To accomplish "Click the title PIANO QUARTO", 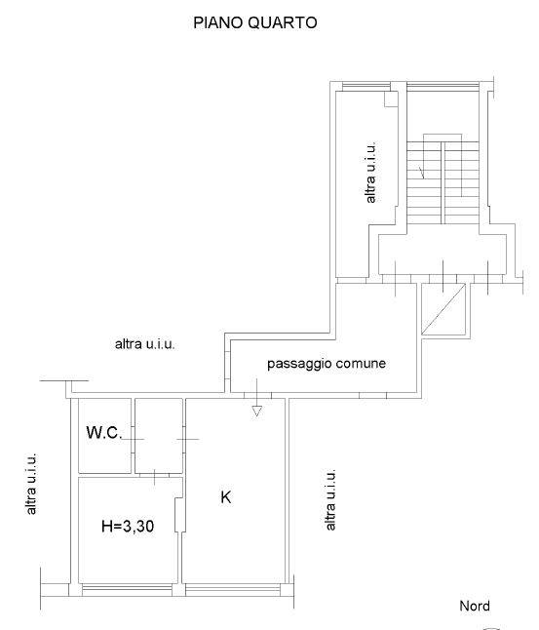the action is [x=255, y=22].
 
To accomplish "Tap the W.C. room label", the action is [x=104, y=432].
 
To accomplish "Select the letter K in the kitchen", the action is [x=226, y=497].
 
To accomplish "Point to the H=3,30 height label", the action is [x=128, y=526].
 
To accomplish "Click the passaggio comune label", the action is [x=327, y=364].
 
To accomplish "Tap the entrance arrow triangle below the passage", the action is [x=257, y=411].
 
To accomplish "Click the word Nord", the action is [x=475, y=606].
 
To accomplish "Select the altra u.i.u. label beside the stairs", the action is [x=370, y=172].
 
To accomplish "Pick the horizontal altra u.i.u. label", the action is [x=145, y=344].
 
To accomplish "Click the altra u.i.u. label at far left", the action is [x=31, y=484].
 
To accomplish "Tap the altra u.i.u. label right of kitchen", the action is [x=329, y=499].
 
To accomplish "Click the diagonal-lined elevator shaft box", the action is [x=443, y=308].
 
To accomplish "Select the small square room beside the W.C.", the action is [x=159, y=436].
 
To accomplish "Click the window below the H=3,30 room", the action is [x=127, y=590].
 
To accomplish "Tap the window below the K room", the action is [x=233, y=590].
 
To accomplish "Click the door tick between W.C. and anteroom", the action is [x=133, y=439].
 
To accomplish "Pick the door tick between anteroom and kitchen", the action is [x=187, y=439].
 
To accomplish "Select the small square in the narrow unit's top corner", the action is [x=391, y=99].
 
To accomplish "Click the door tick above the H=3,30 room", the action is [x=155, y=476].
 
